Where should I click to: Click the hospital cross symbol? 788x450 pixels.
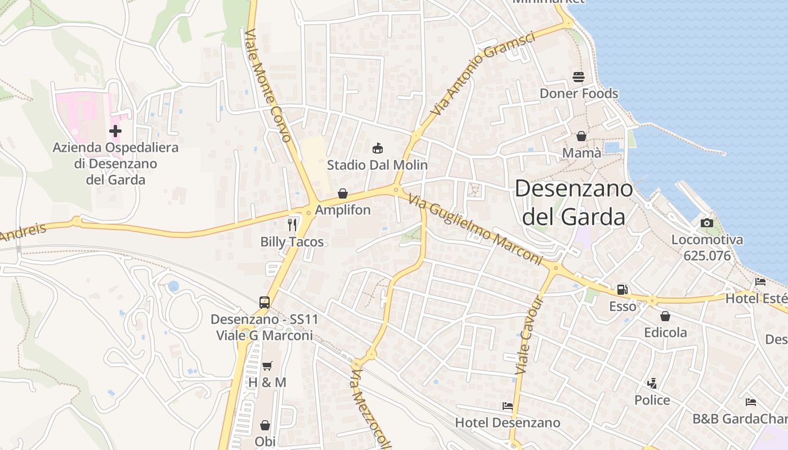[x=115, y=131]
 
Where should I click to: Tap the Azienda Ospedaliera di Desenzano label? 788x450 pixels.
[x=115, y=164]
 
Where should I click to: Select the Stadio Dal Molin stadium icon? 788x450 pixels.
[x=377, y=148]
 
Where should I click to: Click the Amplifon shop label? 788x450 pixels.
[x=343, y=210]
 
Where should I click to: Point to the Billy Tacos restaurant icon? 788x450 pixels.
[x=292, y=225]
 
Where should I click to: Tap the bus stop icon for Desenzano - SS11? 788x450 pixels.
[x=265, y=302]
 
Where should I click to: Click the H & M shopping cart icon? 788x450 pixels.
[x=267, y=366]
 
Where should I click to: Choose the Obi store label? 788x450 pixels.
[x=265, y=441]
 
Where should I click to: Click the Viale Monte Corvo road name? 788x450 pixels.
[x=268, y=85]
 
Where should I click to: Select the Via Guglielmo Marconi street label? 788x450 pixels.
[x=476, y=229]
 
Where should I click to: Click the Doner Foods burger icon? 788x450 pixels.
[x=579, y=77]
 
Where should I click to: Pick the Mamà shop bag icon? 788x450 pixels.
[x=581, y=136]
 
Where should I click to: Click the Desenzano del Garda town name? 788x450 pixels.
[x=574, y=202]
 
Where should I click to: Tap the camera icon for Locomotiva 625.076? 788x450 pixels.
[x=707, y=223]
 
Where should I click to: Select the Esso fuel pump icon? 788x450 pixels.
[x=623, y=290]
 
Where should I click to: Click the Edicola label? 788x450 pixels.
[x=665, y=332]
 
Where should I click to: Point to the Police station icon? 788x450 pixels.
[x=652, y=384]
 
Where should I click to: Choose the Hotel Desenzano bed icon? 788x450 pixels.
[x=508, y=406]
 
